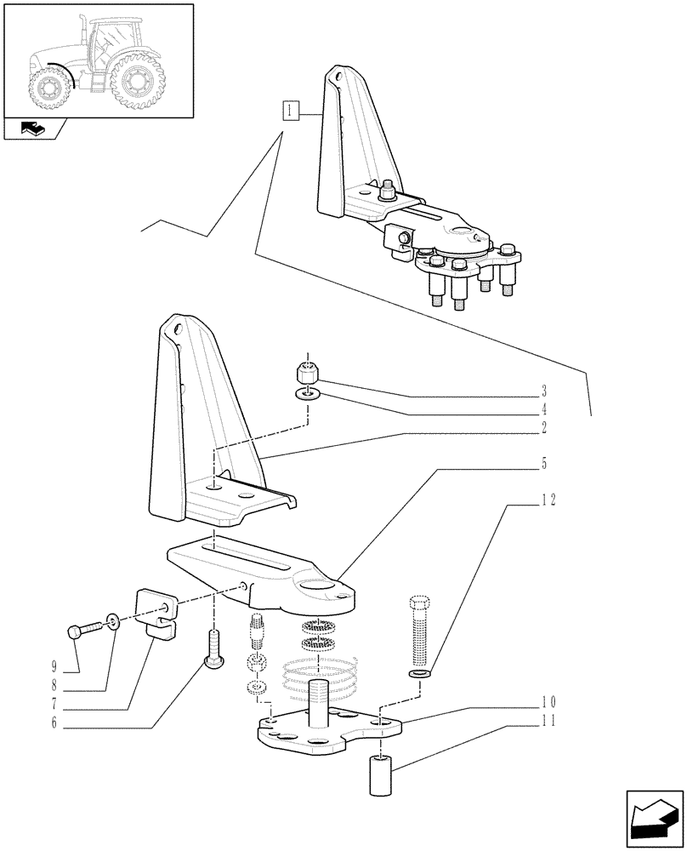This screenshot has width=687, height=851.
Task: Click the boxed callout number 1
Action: point(291,110)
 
